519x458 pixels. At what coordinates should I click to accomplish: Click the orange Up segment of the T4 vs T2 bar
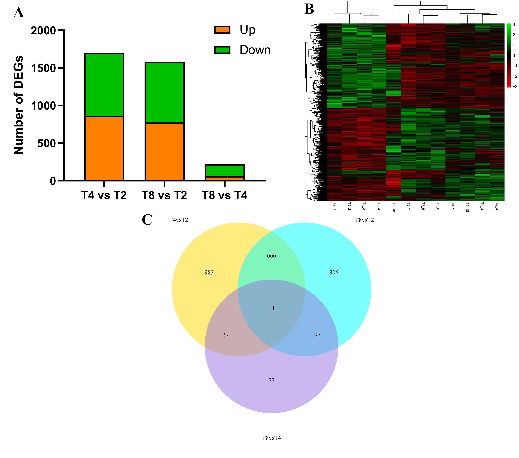[x=104, y=149]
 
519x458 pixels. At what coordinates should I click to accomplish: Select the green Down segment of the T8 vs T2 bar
[x=165, y=93]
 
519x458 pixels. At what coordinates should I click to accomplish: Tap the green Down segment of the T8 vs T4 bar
[x=225, y=171]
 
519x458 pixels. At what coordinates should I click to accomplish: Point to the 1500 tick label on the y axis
[x=43, y=68]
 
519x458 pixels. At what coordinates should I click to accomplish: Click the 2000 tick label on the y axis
[x=43, y=31]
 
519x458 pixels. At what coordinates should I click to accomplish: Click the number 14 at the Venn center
[x=271, y=308]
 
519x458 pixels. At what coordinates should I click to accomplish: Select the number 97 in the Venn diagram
[x=317, y=335]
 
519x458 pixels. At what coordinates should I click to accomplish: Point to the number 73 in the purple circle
[x=271, y=380]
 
